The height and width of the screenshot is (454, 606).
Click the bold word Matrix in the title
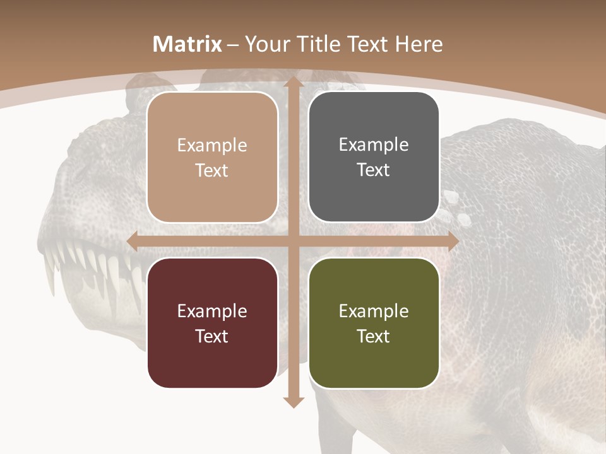tap(187, 44)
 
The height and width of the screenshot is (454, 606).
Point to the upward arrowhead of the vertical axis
tap(293, 82)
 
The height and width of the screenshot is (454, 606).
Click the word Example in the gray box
tap(374, 145)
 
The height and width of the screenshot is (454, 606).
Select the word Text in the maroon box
tap(212, 336)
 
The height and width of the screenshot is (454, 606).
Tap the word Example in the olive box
tap(374, 311)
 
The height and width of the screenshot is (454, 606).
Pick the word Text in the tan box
tap(212, 170)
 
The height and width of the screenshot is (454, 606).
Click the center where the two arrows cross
tap(293, 241)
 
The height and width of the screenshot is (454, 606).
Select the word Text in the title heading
tap(369, 44)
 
